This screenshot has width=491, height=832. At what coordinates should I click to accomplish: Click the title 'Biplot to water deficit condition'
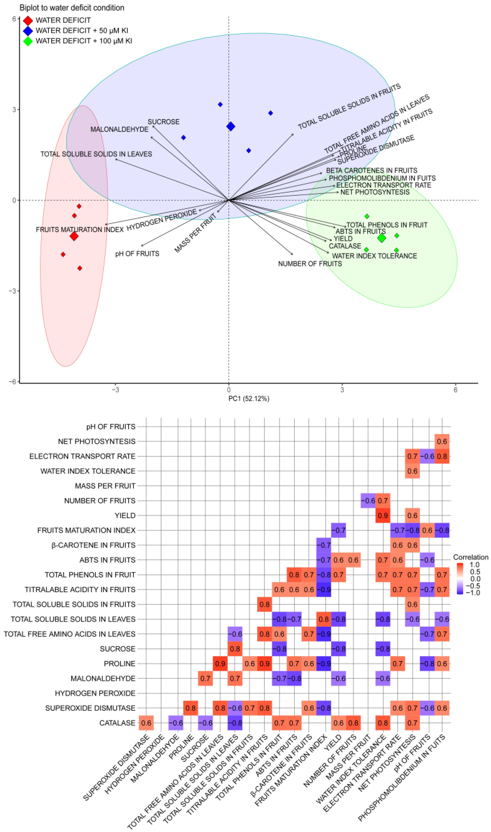pyautogui.click(x=72, y=8)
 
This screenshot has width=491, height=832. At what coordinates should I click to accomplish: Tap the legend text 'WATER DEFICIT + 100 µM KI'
pyautogui.click(x=84, y=41)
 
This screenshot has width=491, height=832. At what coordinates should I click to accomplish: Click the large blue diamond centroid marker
pyautogui.click(x=231, y=126)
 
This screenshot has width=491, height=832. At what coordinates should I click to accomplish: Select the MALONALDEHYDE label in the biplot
pyautogui.click(x=120, y=129)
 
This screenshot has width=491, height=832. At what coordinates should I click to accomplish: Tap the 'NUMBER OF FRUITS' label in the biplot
pyautogui.click(x=310, y=264)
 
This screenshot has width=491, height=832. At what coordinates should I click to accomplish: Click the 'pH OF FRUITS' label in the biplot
pyautogui.click(x=137, y=254)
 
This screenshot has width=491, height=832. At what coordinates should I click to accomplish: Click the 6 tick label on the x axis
pyautogui.click(x=455, y=390)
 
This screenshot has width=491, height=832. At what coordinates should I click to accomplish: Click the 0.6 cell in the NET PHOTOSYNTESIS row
pyautogui.click(x=442, y=441)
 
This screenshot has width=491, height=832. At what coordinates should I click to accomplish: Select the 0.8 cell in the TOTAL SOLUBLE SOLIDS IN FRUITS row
pyautogui.click(x=264, y=604)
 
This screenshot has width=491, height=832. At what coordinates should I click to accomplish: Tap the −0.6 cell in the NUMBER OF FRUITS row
pyautogui.click(x=368, y=501)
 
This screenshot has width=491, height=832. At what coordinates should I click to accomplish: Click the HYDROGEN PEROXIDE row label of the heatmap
pyautogui.click(x=95, y=693)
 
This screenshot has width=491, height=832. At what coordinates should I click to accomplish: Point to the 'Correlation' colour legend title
pyautogui.click(x=470, y=557)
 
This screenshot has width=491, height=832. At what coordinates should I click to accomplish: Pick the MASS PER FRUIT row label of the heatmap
pyautogui.click(x=105, y=486)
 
